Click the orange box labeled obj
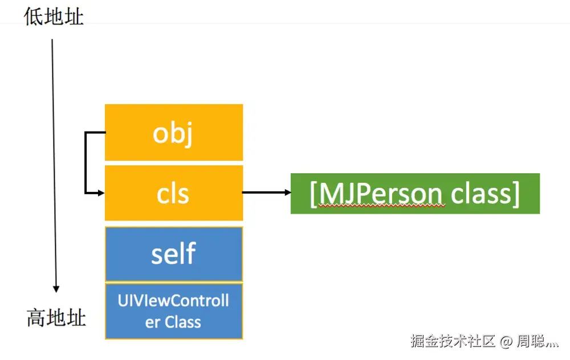174,132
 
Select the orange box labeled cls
174,193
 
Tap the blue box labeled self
174,253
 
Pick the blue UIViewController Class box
174,311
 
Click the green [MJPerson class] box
415,193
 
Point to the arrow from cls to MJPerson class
265,193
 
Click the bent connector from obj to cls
85,162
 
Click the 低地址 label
54,17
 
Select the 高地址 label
56,317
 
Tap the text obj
173,134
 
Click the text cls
173,194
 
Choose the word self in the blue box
173,253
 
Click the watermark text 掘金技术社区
453,341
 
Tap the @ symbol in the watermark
506,342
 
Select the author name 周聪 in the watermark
531,342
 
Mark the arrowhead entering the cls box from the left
101,193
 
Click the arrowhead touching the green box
287,193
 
